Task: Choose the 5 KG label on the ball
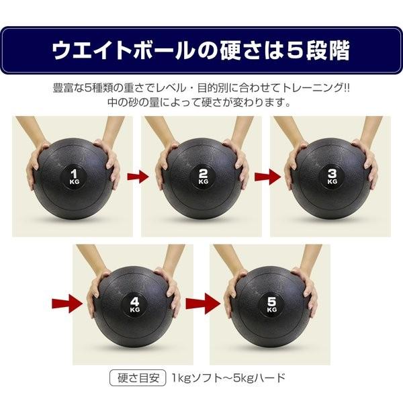(x=271, y=304)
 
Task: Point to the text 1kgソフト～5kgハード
(x=228, y=377)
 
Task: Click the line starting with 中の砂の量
(x=201, y=103)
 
